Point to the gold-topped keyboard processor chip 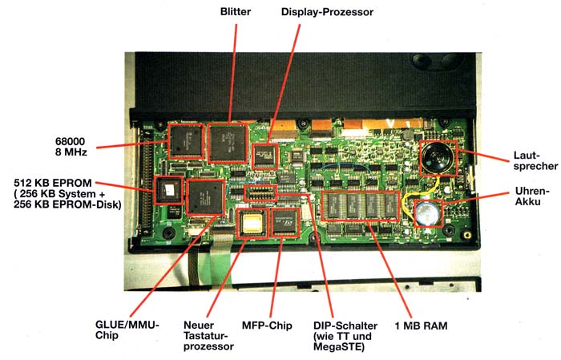(254, 224)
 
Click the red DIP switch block (259, 192)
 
